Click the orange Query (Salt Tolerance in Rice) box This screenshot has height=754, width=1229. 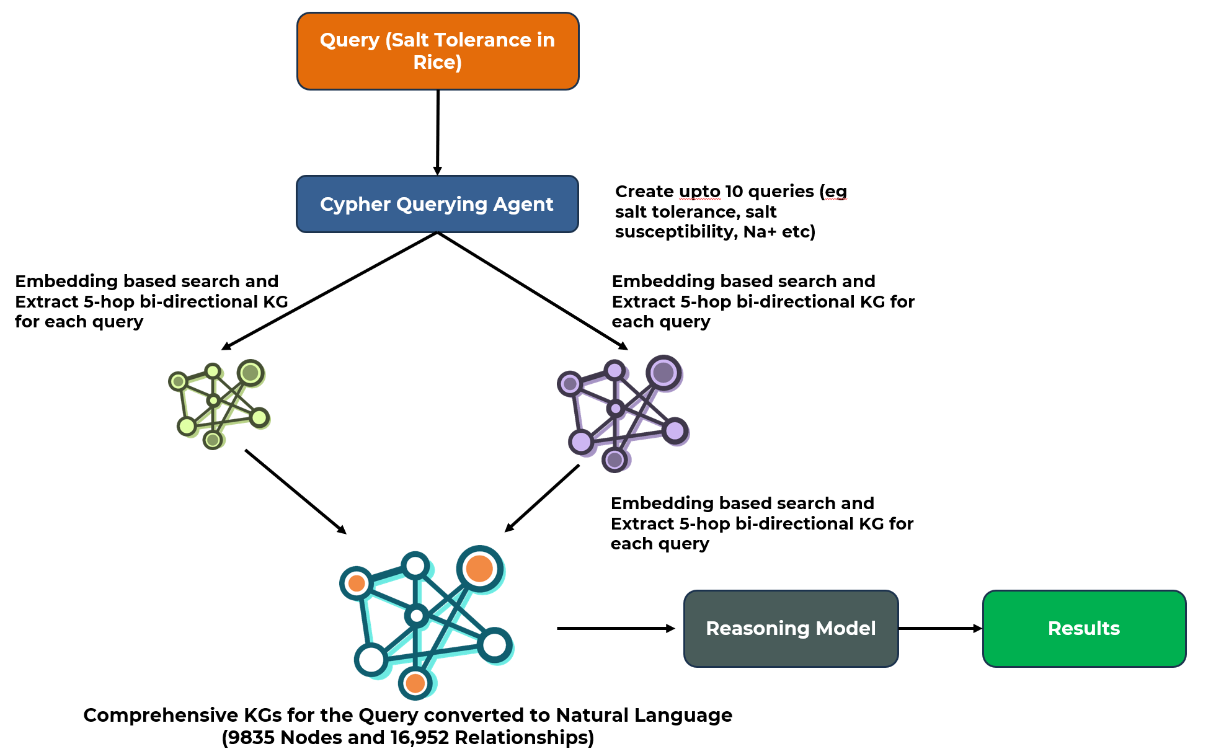tap(438, 51)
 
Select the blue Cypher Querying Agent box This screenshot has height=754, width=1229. tap(437, 204)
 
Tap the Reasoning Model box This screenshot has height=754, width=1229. tap(791, 628)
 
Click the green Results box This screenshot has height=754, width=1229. tap(1084, 628)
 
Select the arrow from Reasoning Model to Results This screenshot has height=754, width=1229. tap(940, 628)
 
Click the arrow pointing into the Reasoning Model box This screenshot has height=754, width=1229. tap(615, 628)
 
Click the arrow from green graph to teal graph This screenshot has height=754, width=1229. tap(295, 491)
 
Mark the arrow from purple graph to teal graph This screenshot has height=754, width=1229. tap(542, 498)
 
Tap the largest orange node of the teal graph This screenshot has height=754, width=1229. tap(479, 569)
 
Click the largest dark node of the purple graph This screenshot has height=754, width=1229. tap(663, 373)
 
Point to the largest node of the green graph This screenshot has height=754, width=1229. tap(251, 373)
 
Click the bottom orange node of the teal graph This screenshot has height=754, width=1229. tap(415, 683)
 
